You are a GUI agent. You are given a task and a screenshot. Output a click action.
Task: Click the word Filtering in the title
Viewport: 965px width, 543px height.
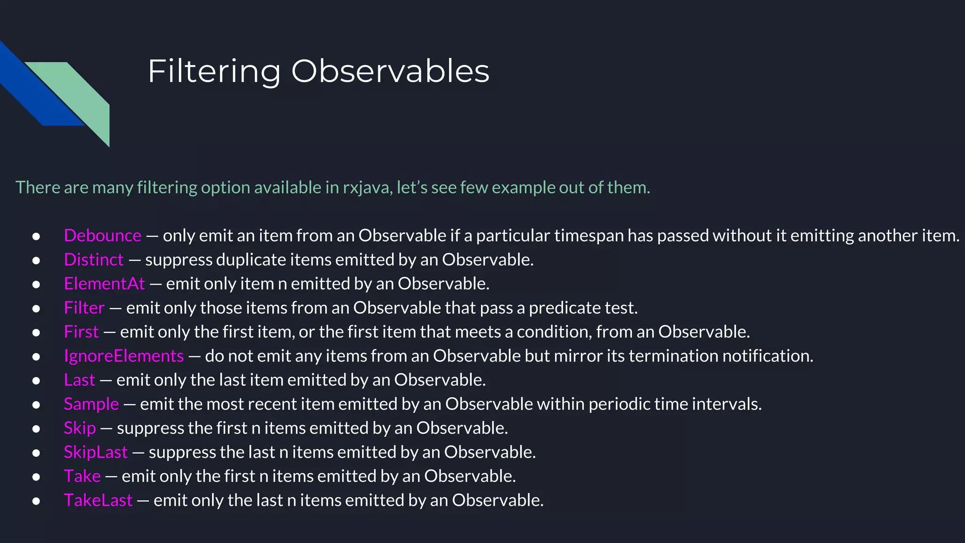point(214,72)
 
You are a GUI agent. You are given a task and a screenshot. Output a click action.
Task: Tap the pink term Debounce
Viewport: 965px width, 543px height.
point(102,235)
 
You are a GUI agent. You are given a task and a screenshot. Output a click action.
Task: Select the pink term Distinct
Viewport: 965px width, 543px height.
point(93,259)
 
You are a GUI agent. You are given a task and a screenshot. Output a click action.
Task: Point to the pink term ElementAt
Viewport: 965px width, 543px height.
point(104,283)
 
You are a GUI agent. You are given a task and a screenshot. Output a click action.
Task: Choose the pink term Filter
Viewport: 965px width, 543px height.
point(84,307)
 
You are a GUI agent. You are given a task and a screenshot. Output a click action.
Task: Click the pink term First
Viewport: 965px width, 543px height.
point(81,331)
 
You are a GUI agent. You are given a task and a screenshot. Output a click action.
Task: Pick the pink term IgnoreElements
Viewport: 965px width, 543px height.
point(123,356)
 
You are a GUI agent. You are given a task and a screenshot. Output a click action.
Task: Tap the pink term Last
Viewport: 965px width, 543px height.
point(79,380)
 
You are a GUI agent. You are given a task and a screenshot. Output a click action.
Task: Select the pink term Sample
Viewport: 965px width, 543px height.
point(91,404)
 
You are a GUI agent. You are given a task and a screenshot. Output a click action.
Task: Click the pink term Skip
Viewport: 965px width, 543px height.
point(80,428)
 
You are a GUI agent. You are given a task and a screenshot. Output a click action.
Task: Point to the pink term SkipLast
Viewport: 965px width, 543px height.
point(95,452)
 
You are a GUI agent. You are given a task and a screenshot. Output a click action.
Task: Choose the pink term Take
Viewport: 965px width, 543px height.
point(82,476)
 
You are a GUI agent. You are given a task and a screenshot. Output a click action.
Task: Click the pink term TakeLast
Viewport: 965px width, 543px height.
point(98,500)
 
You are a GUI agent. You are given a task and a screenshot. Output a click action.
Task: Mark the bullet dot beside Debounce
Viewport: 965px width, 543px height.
point(36,236)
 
